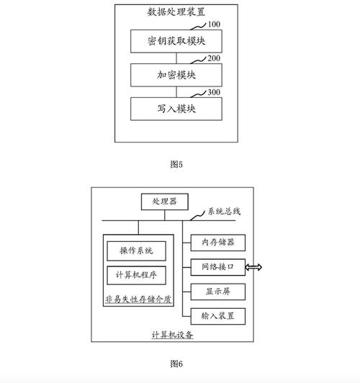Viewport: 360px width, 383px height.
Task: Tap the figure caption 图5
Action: click(x=176, y=165)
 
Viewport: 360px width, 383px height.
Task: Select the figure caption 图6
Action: click(x=176, y=363)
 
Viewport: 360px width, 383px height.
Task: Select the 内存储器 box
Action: click(x=217, y=243)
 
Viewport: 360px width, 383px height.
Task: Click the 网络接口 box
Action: click(x=217, y=267)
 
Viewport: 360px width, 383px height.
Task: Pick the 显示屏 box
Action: click(x=217, y=292)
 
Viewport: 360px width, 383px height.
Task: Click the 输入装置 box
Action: click(x=217, y=315)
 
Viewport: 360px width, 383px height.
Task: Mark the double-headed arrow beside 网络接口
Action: click(x=253, y=267)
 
